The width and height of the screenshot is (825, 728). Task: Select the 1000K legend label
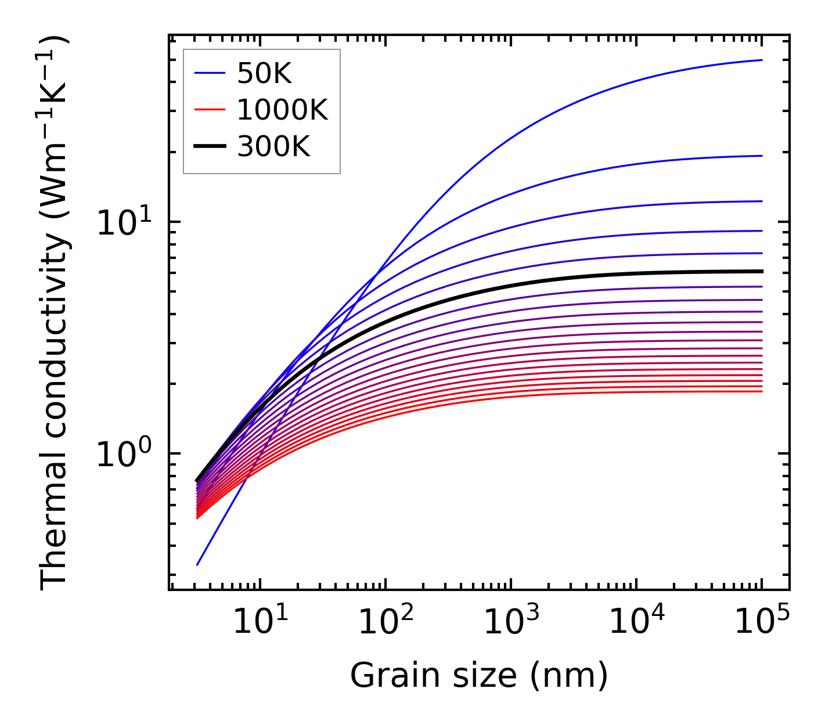282,110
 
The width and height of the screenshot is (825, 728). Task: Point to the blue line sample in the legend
209,73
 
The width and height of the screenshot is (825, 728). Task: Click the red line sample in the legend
209,110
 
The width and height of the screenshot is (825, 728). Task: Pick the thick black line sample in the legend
209,147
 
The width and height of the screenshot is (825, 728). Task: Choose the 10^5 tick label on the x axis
761,624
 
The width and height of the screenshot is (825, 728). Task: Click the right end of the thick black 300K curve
761,271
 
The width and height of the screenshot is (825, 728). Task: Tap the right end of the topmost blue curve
761,60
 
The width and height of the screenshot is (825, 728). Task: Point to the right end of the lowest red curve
761,391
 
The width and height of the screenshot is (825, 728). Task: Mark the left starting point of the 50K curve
197,564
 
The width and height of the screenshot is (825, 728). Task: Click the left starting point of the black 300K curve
197,481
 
